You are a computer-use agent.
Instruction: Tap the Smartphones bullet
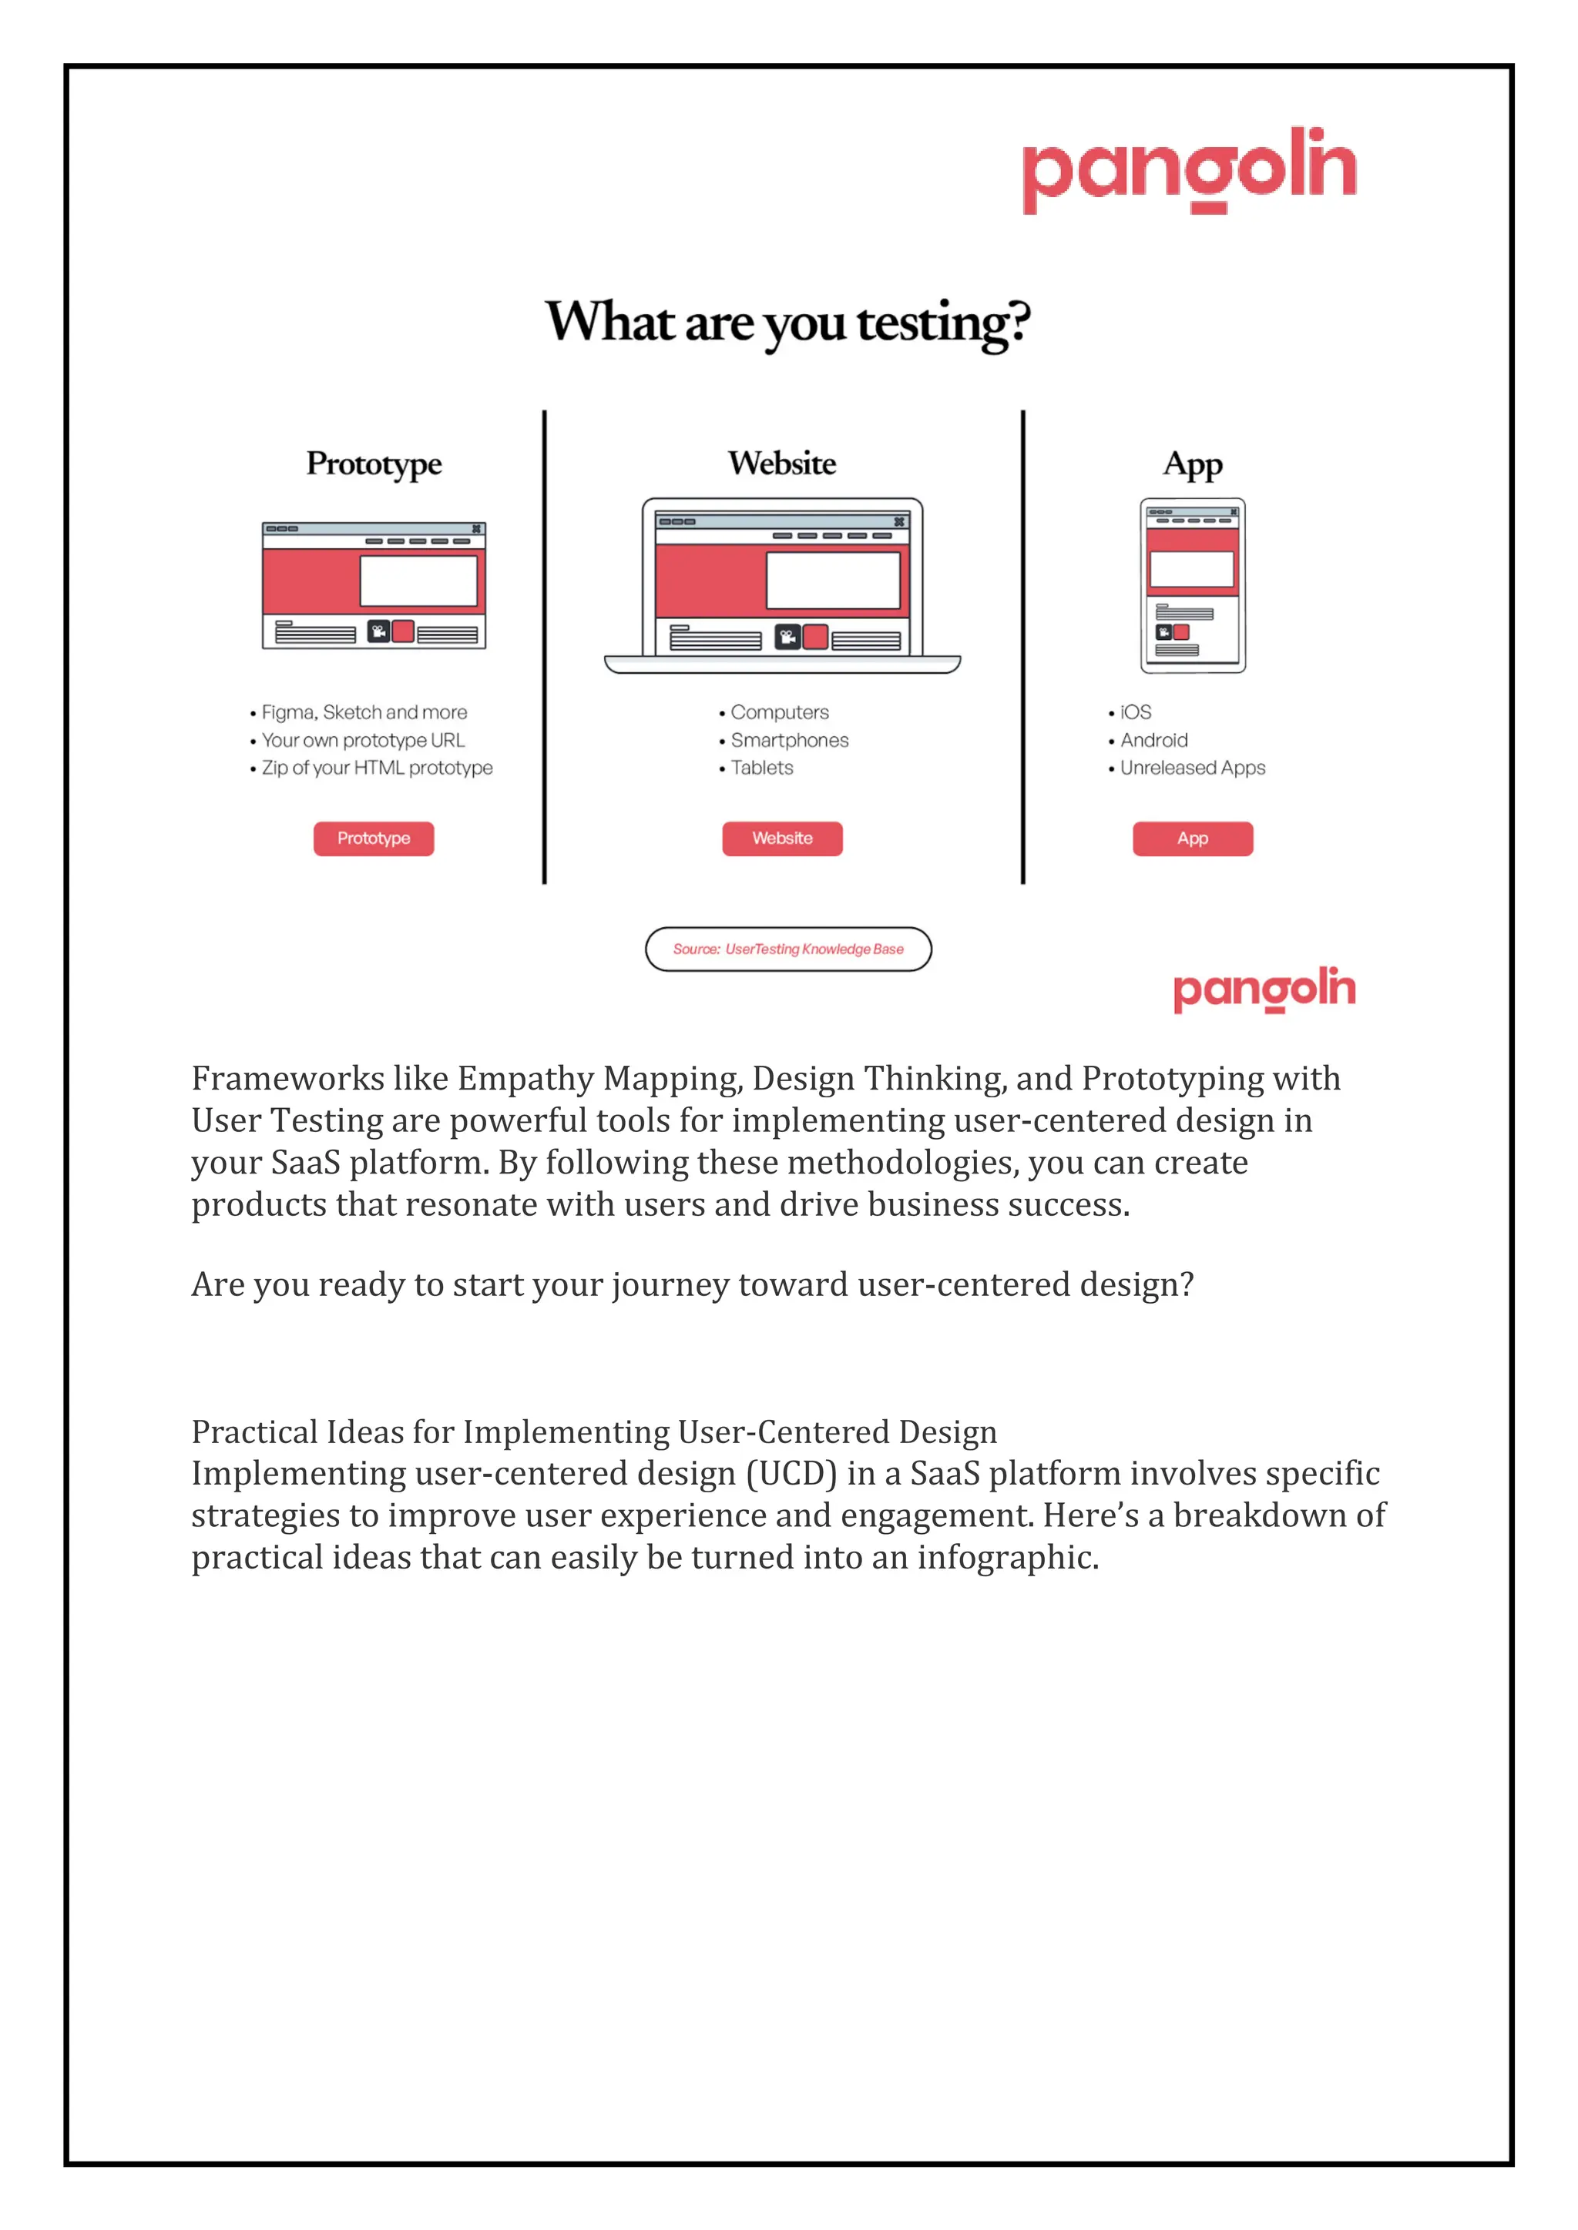point(789,740)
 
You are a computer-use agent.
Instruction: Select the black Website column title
point(782,464)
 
